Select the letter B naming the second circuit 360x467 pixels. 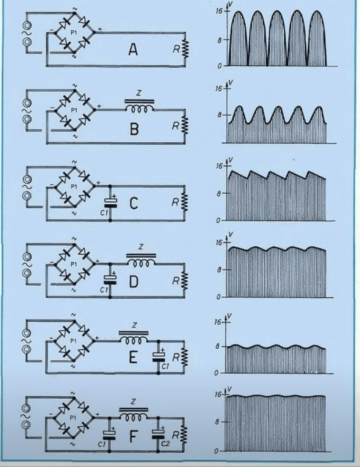click(134, 129)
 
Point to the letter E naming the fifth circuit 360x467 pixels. click(133, 358)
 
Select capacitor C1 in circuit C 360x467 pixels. click(110, 202)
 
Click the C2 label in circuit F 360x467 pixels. click(165, 444)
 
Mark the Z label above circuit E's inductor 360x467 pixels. click(134, 326)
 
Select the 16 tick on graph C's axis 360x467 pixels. click(219, 165)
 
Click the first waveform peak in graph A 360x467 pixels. click(238, 12)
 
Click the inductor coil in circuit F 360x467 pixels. click(133, 417)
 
